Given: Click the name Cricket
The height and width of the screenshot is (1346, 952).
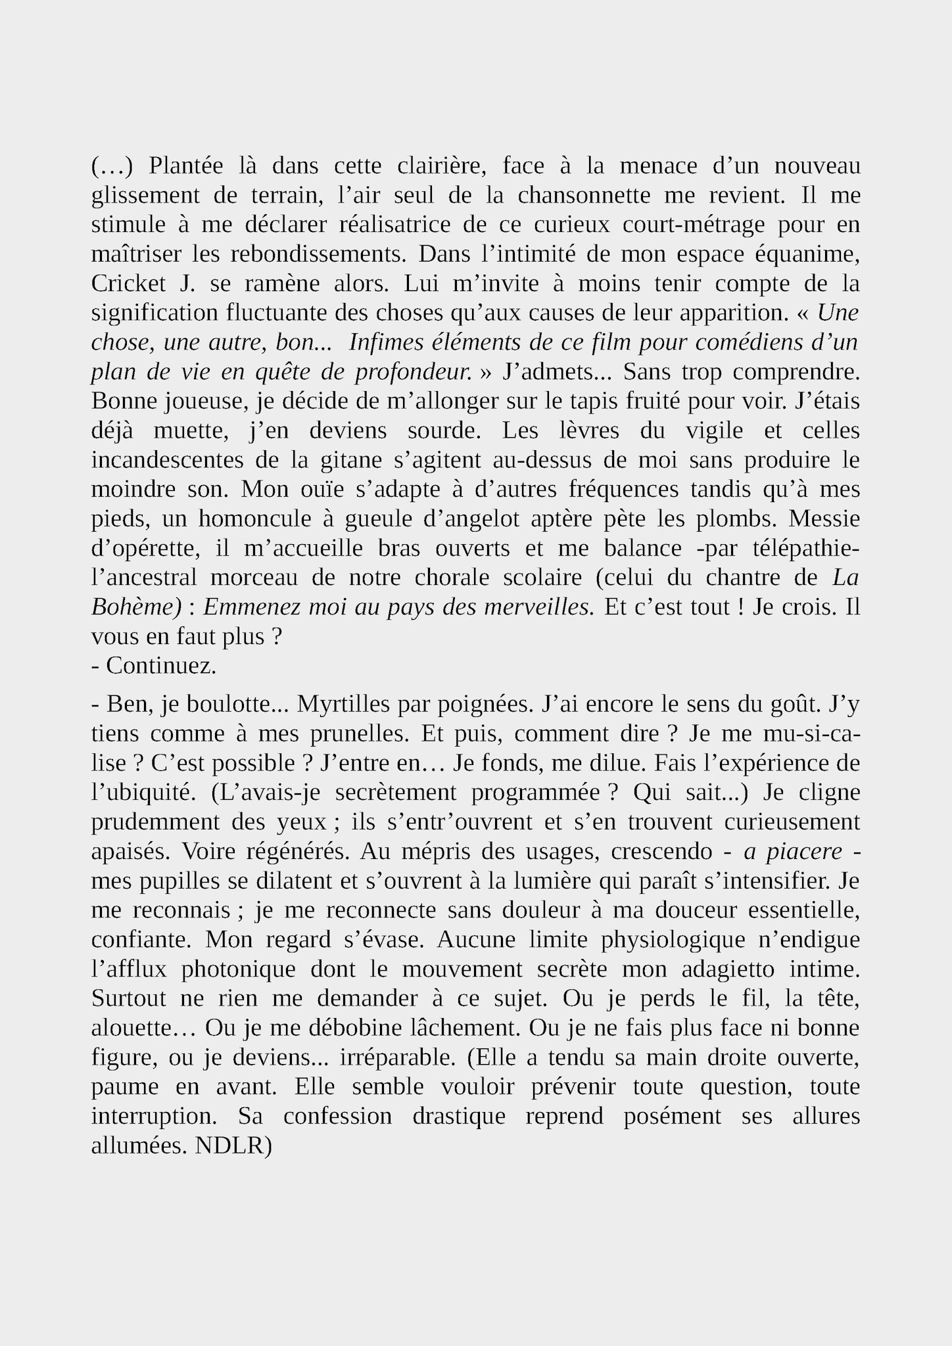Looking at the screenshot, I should (129, 283).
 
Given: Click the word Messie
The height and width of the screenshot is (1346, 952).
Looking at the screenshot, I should (824, 519).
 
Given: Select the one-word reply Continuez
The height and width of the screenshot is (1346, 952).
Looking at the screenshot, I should (160, 666).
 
